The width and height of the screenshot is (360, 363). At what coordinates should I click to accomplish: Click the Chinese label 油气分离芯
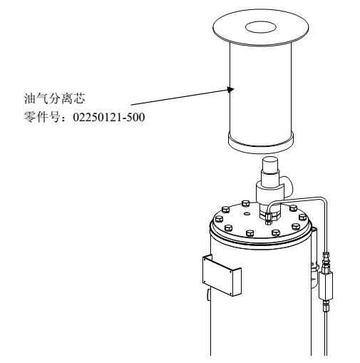click(x=54, y=98)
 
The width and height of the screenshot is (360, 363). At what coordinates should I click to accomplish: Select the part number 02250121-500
click(x=109, y=117)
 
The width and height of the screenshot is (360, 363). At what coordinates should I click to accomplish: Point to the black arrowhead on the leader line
click(x=230, y=90)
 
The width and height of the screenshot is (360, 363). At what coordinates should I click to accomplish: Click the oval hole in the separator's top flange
click(x=261, y=27)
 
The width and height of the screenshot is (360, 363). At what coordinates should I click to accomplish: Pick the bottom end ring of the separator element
click(x=261, y=143)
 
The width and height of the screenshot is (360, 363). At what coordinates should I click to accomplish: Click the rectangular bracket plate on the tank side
click(x=222, y=275)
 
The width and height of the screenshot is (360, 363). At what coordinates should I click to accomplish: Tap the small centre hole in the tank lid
click(x=247, y=213)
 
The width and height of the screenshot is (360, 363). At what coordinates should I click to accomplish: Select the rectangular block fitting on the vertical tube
click(x=326, y=285)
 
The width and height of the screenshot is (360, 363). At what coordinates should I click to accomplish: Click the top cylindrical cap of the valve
click(x=270, y=163)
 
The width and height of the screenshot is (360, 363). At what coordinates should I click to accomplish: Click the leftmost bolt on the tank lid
click(x=218, y=219)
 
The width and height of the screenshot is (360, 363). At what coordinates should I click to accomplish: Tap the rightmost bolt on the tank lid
click(x=302, y=217)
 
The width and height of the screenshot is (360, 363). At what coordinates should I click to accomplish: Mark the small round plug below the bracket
click(x=209, y=295)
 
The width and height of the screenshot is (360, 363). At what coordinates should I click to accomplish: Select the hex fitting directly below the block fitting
click(x=326, y=306)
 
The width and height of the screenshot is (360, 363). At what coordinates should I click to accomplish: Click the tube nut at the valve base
click(x=269, y=215)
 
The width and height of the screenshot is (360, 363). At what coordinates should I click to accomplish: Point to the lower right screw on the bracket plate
click(x=231, y=294)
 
